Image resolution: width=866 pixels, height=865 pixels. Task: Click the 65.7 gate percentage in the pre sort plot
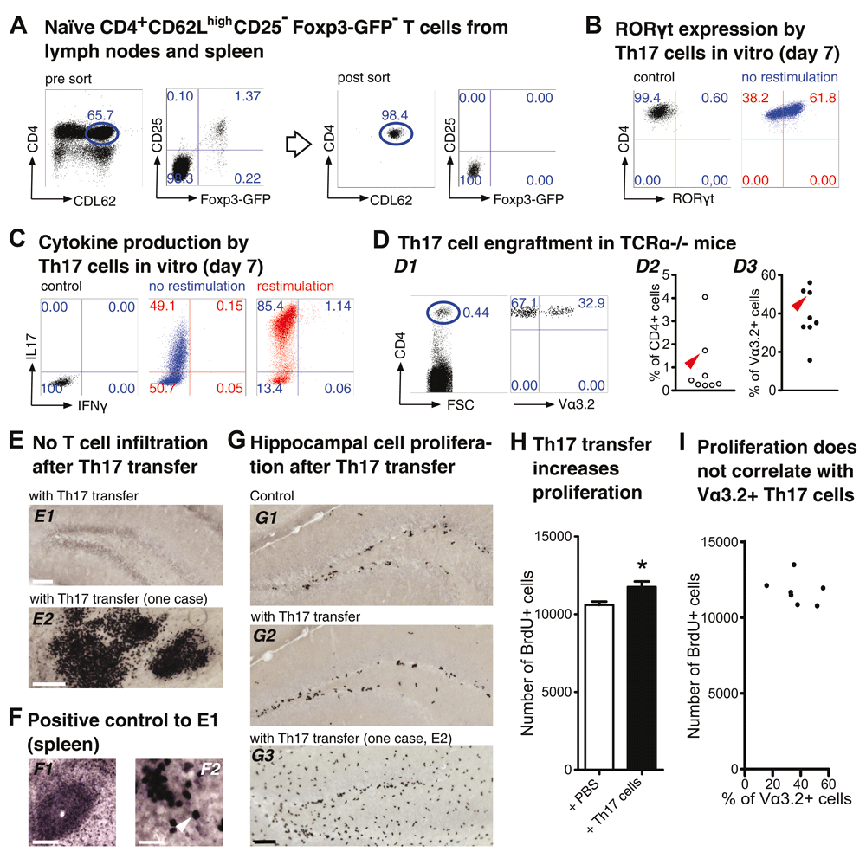[x=100, y=115]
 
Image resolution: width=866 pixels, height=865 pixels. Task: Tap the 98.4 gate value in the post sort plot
[x=394, y=115]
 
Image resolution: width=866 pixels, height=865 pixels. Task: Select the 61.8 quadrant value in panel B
[x=823, y=98]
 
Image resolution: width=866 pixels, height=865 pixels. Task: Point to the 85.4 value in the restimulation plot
[x=270, y=306]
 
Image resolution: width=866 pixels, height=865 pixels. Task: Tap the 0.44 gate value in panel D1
[x=475, y=313]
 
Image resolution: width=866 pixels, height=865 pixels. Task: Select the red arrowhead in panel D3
[x=798, y=303]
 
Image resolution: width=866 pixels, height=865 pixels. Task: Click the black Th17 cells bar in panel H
[x=642, y=678]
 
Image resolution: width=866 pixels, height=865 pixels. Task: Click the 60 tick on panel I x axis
[x=828, y=784]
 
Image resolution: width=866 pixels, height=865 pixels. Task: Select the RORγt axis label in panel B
[x=693, y=198]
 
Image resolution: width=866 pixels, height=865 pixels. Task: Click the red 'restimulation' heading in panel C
[x=295, y=286]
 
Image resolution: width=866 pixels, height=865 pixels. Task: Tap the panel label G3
[x=263, y=755]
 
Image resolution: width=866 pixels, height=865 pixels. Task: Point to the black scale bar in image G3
[x=265, y=842]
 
